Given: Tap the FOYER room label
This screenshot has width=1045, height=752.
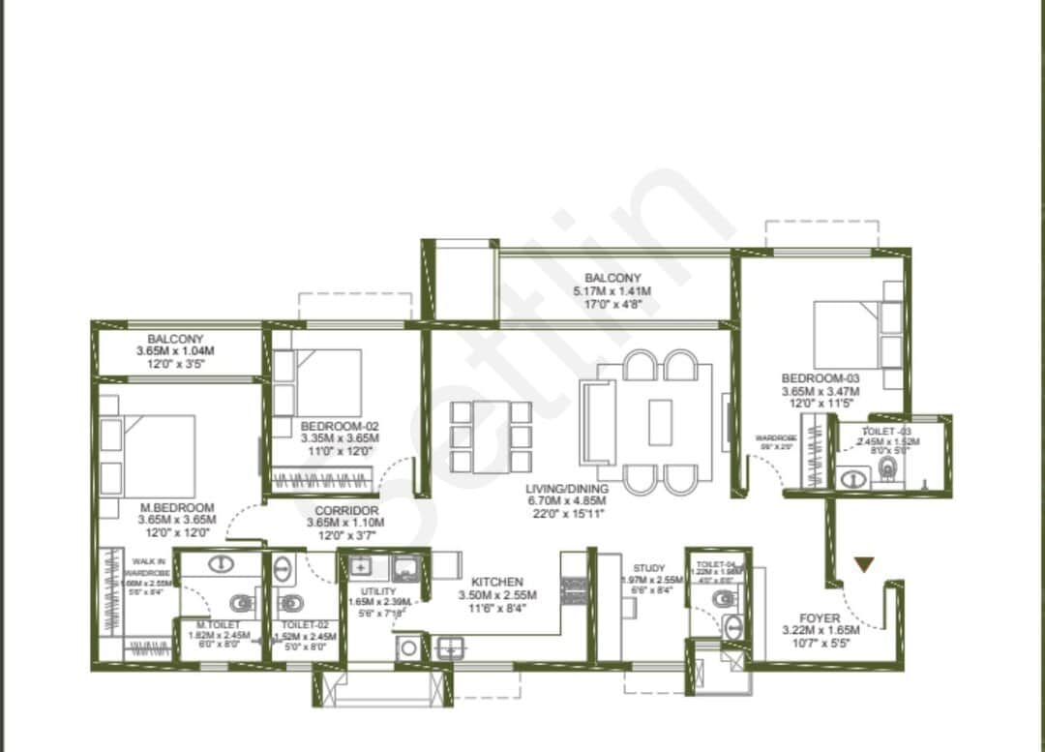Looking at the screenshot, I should click(x=819, y=617).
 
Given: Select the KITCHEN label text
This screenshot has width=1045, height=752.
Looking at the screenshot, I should click(x=498, y=582).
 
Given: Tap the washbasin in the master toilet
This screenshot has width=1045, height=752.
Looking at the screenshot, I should click(x=222, y=567).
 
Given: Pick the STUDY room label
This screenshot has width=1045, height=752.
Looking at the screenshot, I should click(x=649, y=568).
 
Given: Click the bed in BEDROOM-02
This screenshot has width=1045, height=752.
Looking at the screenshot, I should click(x=327, y=383).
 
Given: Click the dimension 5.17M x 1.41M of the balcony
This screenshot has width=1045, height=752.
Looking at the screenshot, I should click(x=612, y=291).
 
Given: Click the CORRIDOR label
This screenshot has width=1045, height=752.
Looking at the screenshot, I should click(x=346, y=510).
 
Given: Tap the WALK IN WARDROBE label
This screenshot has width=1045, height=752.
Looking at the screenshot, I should click(x=147, y=566).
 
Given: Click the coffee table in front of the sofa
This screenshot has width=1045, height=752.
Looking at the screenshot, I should click(x=660, y=422).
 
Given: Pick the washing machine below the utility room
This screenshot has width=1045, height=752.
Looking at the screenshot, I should click(x=408, y=647).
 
